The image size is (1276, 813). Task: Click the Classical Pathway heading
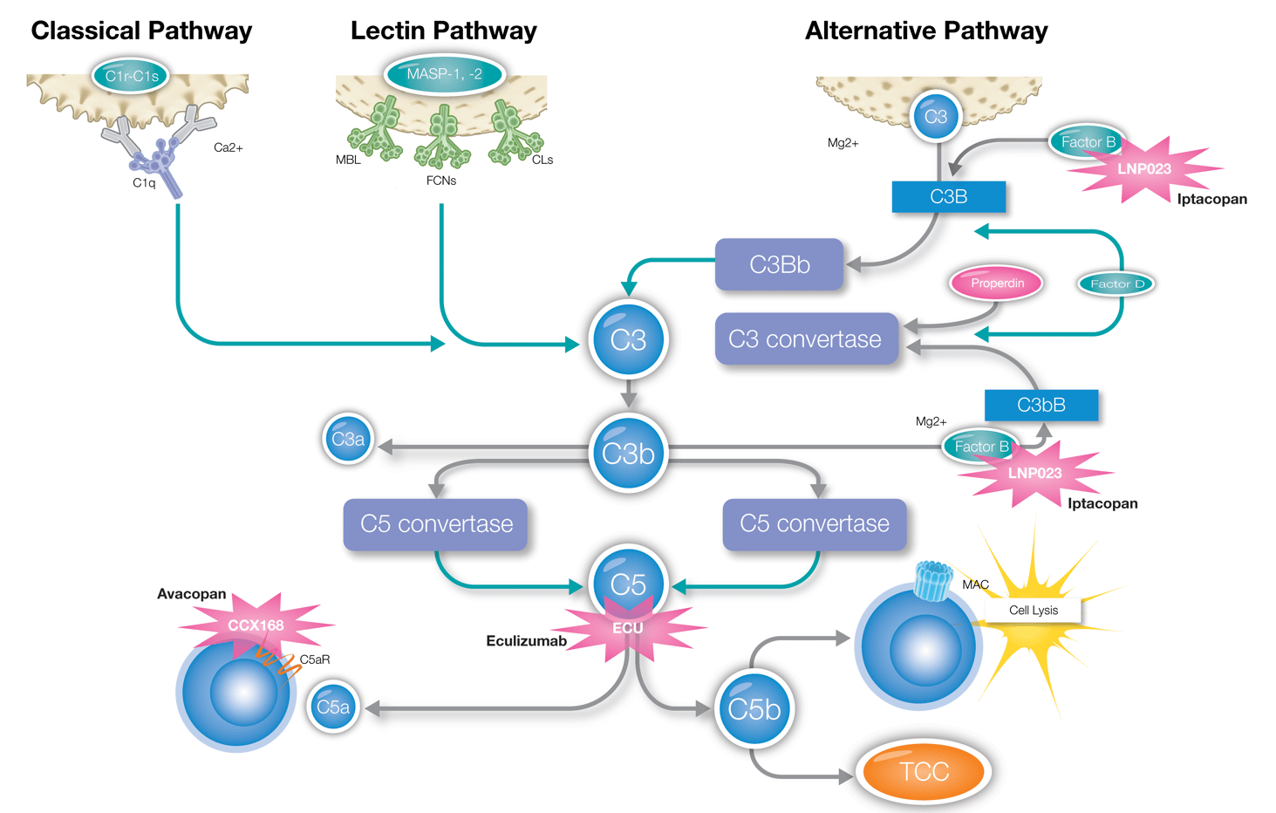[141, 31]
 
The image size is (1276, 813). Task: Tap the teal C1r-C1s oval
[132, 76]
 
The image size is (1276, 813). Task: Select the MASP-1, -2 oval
[444, 74]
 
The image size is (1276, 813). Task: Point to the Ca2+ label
[229, 147]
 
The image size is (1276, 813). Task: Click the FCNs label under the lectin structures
[441, 181]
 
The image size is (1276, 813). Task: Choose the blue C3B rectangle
[948, 196]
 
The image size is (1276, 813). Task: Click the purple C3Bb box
[779, 264]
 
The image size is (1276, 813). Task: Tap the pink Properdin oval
[997, 284]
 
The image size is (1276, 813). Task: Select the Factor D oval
[1116, 284]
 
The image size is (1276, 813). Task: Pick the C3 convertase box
[806, 339]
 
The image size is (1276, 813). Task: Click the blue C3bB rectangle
[1041, 405]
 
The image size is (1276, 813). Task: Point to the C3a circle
[348, 439]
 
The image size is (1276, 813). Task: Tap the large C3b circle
[628, 454]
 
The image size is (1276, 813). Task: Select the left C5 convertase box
[436, 524]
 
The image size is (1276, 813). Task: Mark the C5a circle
[333, 707]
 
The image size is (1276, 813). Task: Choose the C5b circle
[754, 709]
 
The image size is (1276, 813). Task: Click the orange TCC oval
[924, 772]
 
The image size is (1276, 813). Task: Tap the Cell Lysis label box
[1033, 610]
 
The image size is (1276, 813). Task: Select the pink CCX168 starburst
[256, 625]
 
